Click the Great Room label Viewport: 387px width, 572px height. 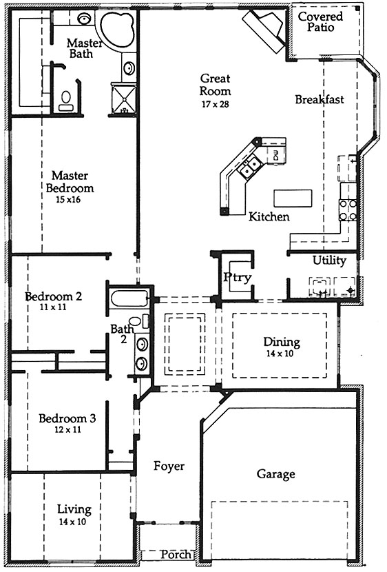(216, 84)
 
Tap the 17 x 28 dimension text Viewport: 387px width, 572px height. (216, 104)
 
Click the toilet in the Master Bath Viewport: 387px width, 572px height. (66, 101)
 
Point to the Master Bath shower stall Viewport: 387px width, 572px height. (123, 99)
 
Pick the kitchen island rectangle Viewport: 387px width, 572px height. (293, 198)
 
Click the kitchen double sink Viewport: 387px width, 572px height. (249, 166)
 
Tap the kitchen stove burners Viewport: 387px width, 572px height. (348, 210)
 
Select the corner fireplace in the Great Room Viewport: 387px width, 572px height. (266, 29)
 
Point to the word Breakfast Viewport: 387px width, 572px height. (320, 99)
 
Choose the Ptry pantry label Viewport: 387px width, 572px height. (238, 277)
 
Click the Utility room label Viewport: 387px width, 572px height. (329, 260)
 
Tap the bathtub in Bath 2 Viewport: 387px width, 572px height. (129, 299)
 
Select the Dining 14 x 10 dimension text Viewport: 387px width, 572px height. (280, 354)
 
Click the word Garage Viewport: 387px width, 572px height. (276, 474)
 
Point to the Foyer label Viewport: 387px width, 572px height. (169, 466)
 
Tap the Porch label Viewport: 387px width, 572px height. (176, 555)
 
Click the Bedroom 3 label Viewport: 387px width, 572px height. (67, 418)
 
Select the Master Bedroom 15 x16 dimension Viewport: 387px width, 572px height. (68, 200)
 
